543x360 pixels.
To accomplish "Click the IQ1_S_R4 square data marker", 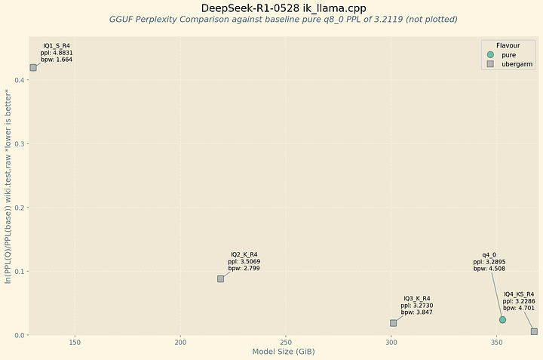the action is tap(33, 68).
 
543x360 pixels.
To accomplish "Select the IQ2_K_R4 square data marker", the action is tap(220, 279).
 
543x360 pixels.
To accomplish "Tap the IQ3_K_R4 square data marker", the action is tap(394, 323).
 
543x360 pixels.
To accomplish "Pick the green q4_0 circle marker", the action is tap(502, 320).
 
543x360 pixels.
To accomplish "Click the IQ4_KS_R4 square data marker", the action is tap(535, 331).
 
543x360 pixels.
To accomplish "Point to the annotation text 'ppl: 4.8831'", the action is tap(57, 53).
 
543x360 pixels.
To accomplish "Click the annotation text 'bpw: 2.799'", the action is tap(244, 268).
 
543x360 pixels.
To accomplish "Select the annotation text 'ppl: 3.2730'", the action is tap(417, 306).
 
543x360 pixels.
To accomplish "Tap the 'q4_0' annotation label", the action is tap(489, 255).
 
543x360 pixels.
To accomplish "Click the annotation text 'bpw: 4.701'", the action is tap(519, 308).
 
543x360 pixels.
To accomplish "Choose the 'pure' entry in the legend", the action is tap(509, 55).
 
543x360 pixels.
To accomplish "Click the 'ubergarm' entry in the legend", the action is tap(517, 64).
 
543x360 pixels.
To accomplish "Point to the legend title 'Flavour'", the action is tap(508, 45).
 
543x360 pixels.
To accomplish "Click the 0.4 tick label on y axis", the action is tap(19, 80).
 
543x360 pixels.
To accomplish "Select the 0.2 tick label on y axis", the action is tap(19, 208).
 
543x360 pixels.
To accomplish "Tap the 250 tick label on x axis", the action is tap(286, 343).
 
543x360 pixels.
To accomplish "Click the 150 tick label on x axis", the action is tap(75, 343).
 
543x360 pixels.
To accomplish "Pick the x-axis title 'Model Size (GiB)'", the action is tap(284, 352).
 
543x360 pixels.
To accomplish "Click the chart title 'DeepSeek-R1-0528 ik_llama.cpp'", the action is tap(284, 8).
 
